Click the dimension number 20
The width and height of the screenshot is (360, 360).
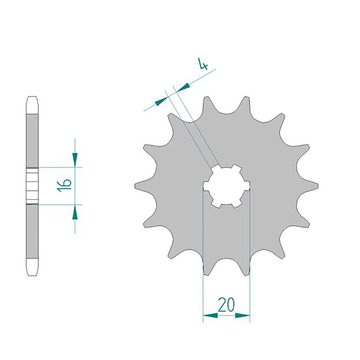tap(226, 305)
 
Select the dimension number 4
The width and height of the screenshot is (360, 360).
tap(203, 64)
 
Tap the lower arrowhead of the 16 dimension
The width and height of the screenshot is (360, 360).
tap(75, 212)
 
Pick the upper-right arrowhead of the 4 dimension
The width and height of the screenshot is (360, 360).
tap(183, 88)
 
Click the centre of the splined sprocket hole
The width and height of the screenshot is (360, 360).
tap(226, 186)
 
